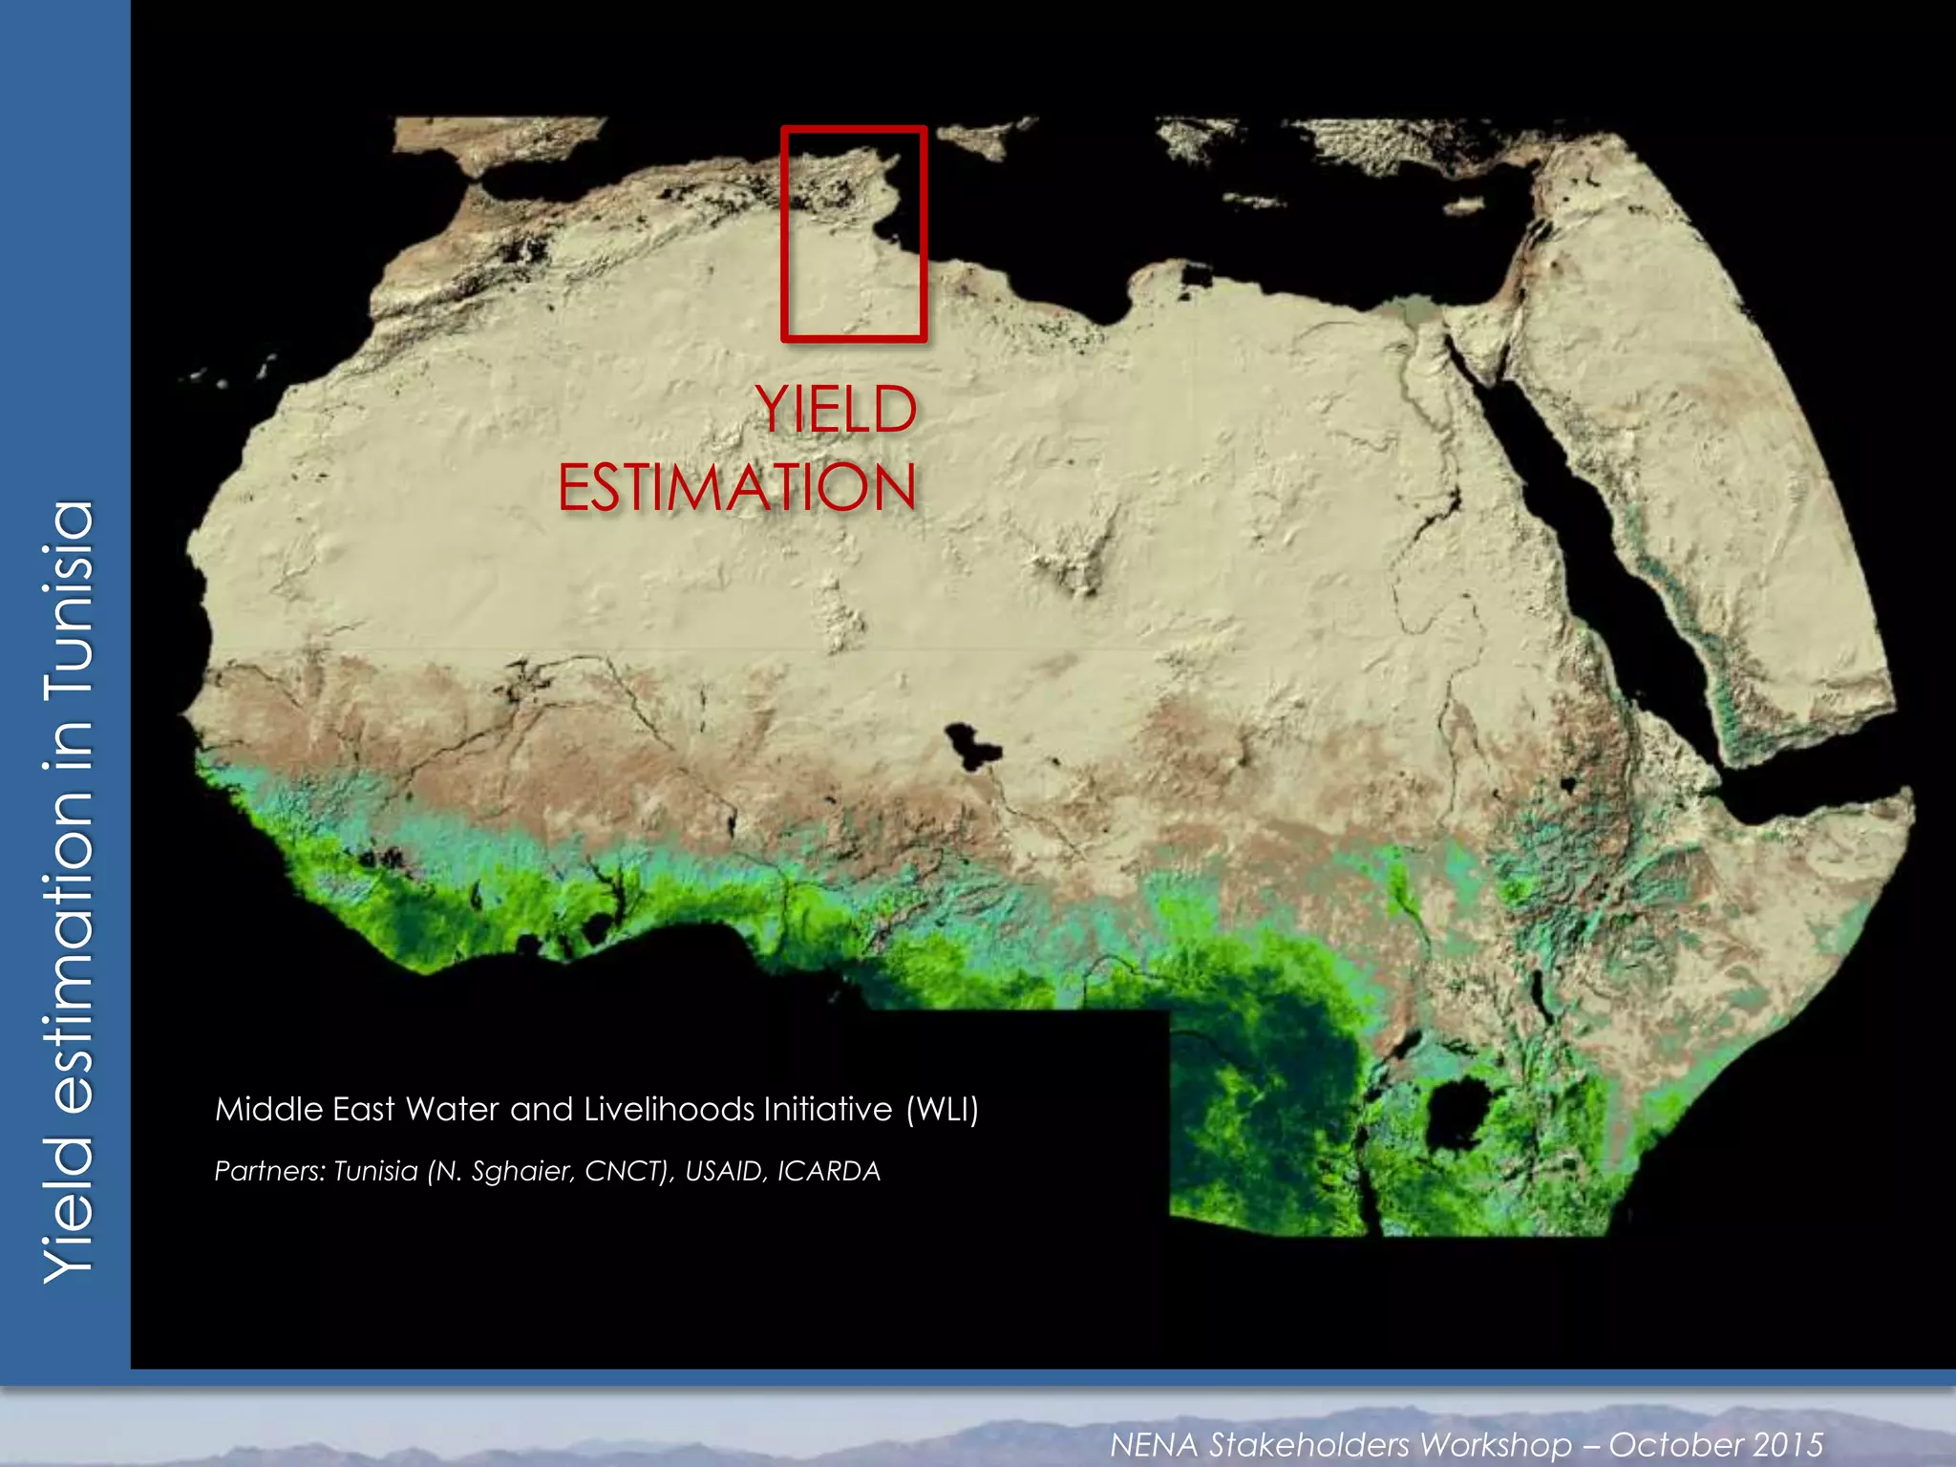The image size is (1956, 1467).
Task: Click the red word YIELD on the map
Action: point(836,411)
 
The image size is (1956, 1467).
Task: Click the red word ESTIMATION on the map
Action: point(737,488)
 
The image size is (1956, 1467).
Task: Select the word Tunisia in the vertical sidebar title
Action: point(69,598)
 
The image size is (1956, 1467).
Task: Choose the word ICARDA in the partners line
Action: point(828,1171)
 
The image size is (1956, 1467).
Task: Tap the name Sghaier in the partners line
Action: point(521,1172)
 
